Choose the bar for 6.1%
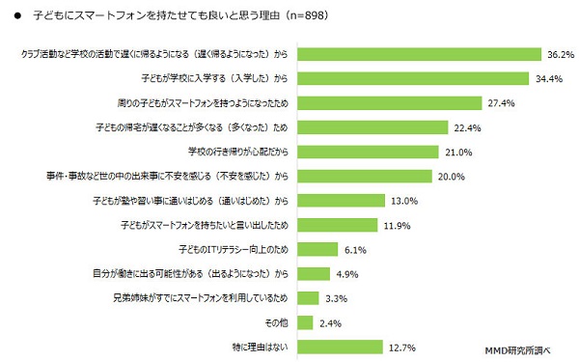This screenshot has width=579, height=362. tap(318, 248)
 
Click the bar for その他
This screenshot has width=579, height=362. tap(307, 321)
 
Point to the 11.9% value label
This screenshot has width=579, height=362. tap(399, 224)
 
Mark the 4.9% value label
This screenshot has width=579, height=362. tap(347, 272)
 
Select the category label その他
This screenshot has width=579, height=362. tap(276, 321)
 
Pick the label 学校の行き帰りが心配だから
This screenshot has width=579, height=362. tap(238, 152)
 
